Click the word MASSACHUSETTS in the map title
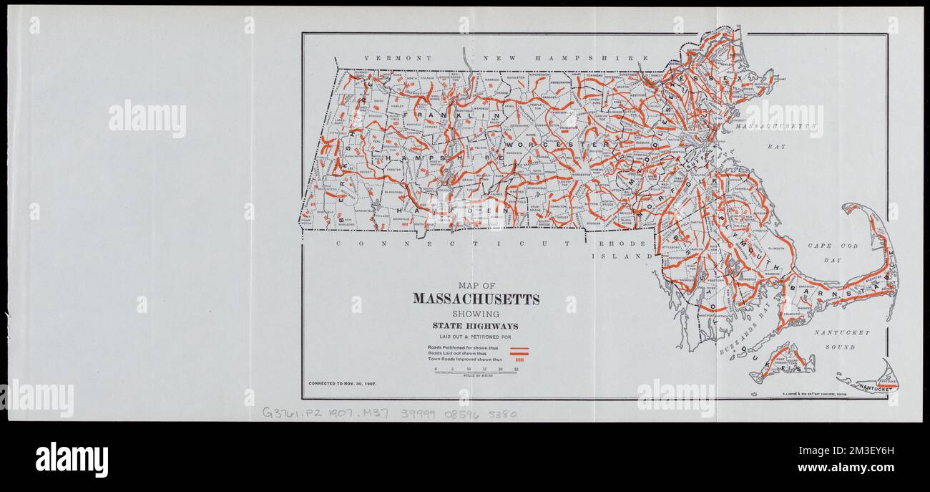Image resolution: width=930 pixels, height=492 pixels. pos(476,299)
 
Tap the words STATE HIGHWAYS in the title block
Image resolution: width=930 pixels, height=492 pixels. pos(476,327)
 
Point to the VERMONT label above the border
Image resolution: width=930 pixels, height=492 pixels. pos(390,58)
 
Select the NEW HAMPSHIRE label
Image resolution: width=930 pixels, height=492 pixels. pos(565,58)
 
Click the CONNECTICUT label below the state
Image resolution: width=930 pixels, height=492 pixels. pos(454,243)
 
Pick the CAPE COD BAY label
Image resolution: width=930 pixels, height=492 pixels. pos(832,253)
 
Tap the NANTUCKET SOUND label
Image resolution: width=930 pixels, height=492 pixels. pos(841,339)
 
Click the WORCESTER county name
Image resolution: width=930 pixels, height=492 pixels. pos(564,145)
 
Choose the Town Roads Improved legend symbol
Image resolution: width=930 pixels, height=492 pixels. pos(520,359)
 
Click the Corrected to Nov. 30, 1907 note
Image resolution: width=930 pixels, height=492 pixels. pos(342,384)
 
